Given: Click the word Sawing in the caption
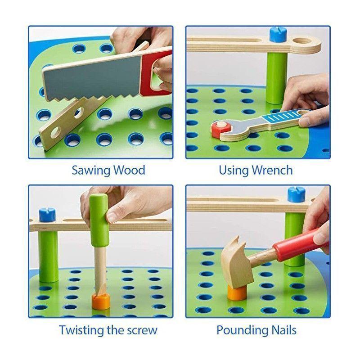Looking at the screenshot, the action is pos(91,171).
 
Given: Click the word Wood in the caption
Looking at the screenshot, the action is pos(130,170).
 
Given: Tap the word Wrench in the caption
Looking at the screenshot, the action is pos(272,170).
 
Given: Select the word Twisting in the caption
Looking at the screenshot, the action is pos(81,331).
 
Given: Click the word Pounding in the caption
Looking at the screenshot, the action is pos(242,331).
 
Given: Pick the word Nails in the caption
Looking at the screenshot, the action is pos(284,330).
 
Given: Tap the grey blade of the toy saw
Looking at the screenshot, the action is pos(92,77).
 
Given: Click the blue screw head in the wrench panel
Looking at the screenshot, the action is pos(278,35).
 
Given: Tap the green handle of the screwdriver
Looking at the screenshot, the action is pos(99,220).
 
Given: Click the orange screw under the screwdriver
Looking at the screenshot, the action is pos(100,301).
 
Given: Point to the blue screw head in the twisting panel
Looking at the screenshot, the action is pos(47,215).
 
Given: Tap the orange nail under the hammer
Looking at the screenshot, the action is pos(237,293).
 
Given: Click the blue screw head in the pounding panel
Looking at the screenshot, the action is pos(297,194).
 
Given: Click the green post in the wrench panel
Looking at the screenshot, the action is pos(277,78).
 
